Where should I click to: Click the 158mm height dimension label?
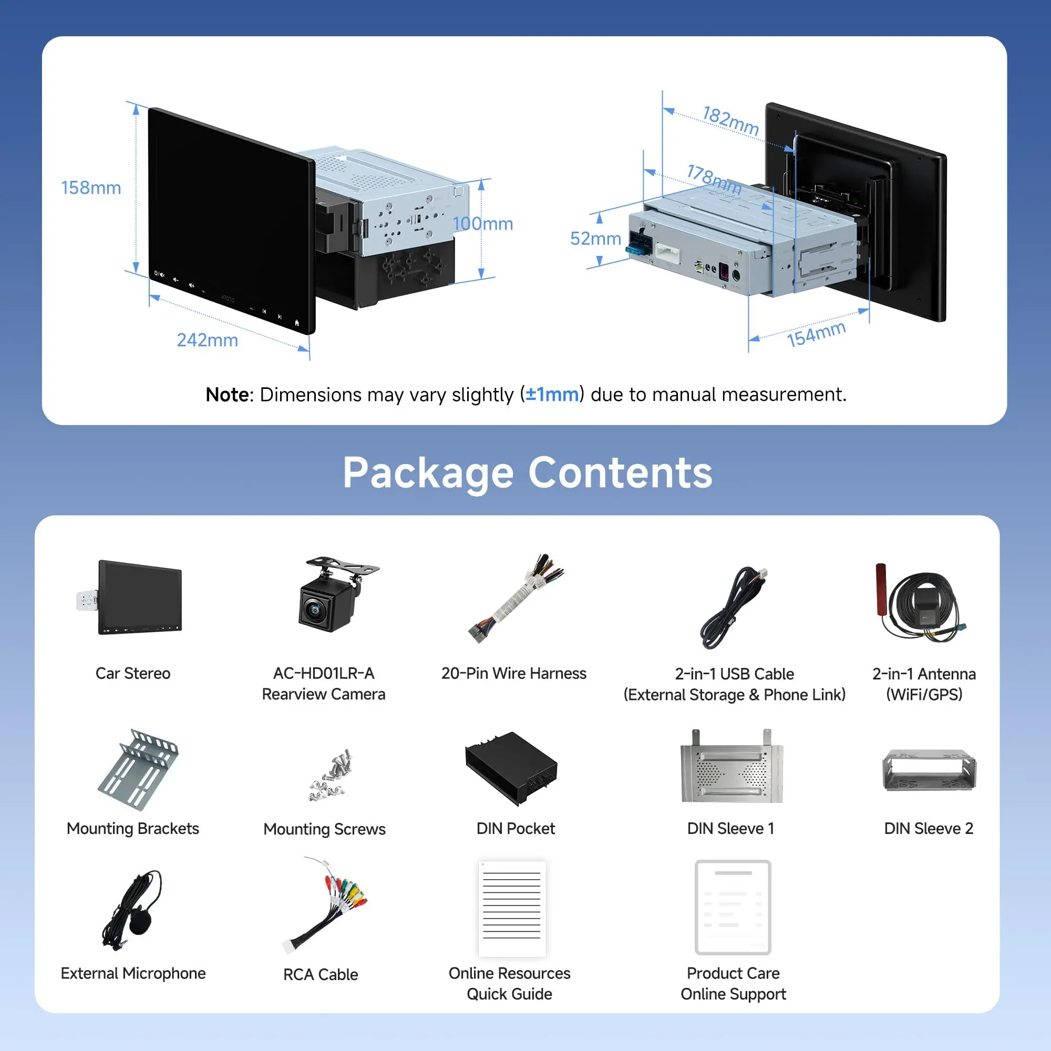point(91,188)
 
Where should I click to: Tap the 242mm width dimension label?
point(207,340)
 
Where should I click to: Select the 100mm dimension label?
point(482,223)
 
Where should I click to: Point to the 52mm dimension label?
point(595,238)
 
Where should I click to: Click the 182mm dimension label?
point(730,121)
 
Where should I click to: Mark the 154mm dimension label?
point(816,334)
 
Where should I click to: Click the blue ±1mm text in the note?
point(552,395)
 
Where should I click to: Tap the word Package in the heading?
point(428,473)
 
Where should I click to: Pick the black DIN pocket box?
point(511,768)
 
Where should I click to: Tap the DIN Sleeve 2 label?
point(928,829)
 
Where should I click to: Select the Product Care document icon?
point(733,908)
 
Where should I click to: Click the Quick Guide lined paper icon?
point(511,908)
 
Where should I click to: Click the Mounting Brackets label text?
point(133,829)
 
